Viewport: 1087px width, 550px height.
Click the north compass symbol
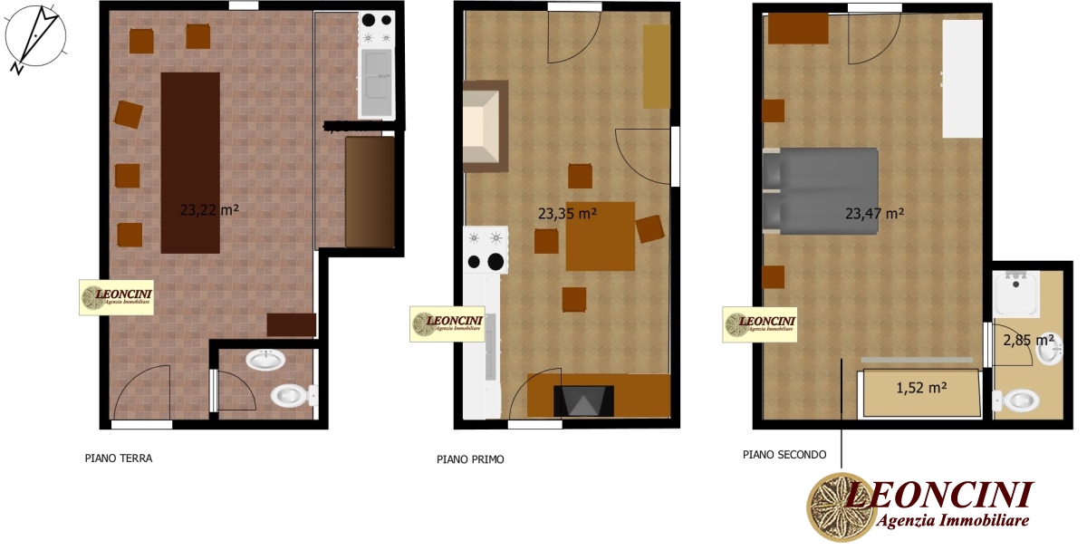click(x=34, y=36)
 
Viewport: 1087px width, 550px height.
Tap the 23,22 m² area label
click(x=209, y=209)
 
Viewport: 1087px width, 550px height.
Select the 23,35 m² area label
click(x=567, y=214)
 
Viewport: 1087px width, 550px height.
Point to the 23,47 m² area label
click(x=874, y=214)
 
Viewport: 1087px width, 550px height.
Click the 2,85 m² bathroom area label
click(x=1028, y=341)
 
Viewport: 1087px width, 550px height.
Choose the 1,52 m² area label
click(x=921, y=387)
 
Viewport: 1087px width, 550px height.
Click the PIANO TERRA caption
click(x=119, y=458)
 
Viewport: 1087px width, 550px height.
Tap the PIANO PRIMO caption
click(x=470, y=459)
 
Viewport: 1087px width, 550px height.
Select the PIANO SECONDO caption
click(x=784, y=455)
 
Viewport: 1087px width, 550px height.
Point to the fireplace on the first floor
click(x=583, y=400)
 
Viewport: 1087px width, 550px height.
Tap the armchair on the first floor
click(x=485, y=126)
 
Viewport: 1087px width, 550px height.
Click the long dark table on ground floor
click(x=190, y=162)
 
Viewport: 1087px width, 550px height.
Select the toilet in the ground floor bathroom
click(x=293, y=395)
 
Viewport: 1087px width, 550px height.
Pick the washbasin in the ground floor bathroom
click(x=265, y=361)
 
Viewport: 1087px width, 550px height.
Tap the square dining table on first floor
click(x=600, y=236)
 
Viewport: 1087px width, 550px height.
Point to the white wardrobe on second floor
click(x=962, y=79)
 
